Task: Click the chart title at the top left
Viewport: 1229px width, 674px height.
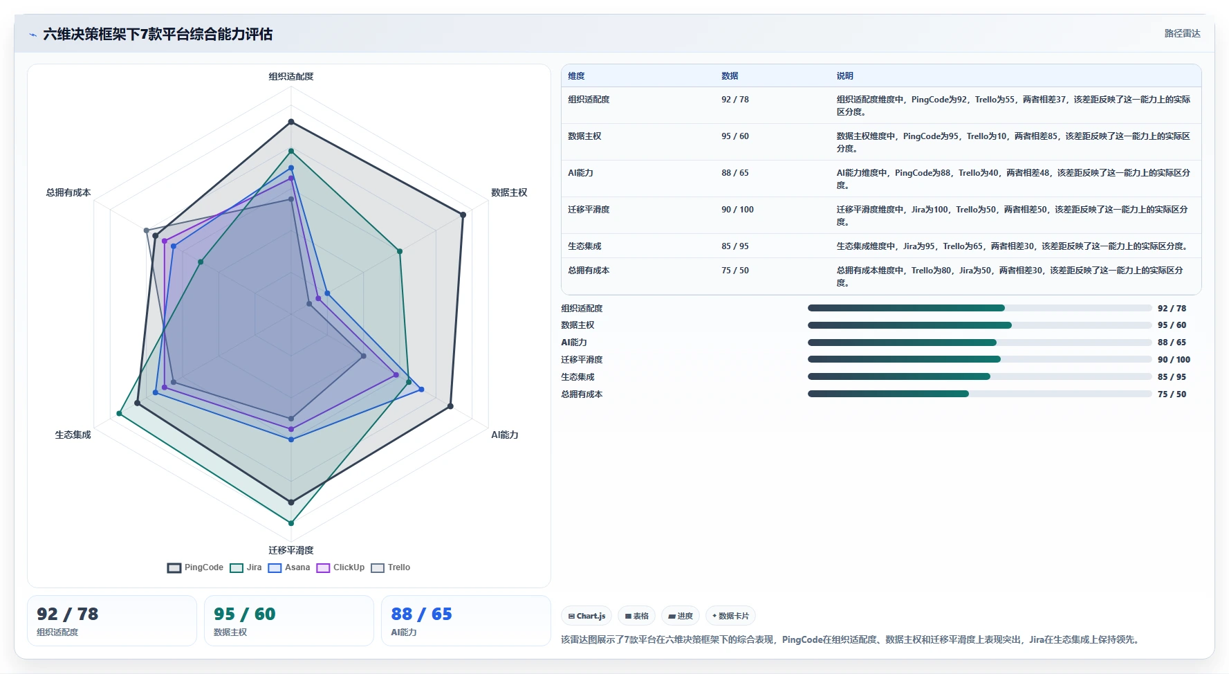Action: tap(158, 34)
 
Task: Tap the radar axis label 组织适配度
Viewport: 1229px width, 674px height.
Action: tap(291, 76)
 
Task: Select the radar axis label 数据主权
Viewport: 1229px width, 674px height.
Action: tap(509, 192)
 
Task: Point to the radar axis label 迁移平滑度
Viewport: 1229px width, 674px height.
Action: tap(291, 550)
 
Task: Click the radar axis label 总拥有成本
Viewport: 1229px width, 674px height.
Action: tap(68, 192)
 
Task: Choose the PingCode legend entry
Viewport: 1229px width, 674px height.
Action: tap(195, 567)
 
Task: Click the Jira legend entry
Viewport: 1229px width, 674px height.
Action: tap(246, 567)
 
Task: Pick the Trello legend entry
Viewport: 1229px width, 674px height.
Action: tap(391, 567)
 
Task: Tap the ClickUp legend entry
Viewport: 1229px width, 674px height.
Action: tap(340, 567)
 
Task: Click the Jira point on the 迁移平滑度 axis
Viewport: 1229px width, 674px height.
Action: tap(291, 523)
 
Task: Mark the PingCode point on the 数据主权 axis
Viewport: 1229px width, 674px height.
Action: tap(463, 215)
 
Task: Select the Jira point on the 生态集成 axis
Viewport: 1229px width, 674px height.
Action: tap(119, 413)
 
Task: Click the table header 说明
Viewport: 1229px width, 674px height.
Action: tap(844, 76)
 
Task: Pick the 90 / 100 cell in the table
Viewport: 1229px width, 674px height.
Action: tap(737, 210)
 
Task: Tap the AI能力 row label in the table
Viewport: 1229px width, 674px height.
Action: tap(580, 173)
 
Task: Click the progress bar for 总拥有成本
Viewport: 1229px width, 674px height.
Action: tap(979, 394)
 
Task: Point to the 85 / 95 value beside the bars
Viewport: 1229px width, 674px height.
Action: tap(1172, 377)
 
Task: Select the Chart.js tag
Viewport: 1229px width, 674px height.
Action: tap(586, 616)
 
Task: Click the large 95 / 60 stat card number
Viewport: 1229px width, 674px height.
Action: tap(245, 614)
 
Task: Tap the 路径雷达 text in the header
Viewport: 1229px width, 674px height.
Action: tap(1182, 33)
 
